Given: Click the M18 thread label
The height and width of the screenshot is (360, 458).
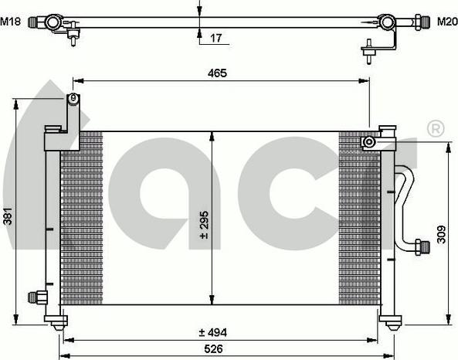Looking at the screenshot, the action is pos(11,22).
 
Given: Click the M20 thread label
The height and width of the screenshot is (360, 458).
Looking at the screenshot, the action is pos(447,22).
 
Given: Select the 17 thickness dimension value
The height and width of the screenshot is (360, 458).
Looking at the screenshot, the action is pos(216,38).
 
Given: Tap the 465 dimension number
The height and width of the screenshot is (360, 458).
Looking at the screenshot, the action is pos(217,73).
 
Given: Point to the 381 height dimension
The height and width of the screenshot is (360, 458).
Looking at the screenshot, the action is pos(8,216).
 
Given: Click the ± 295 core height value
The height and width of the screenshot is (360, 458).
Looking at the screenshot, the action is pos(205,225).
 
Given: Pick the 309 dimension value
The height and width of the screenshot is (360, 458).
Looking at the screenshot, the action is pos(441,234).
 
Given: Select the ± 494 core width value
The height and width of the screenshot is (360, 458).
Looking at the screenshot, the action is pos(213,332).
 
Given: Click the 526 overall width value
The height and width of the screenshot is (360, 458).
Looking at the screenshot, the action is pos(213,348).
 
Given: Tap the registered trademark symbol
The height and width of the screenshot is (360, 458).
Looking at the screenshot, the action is pos(436,128).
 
